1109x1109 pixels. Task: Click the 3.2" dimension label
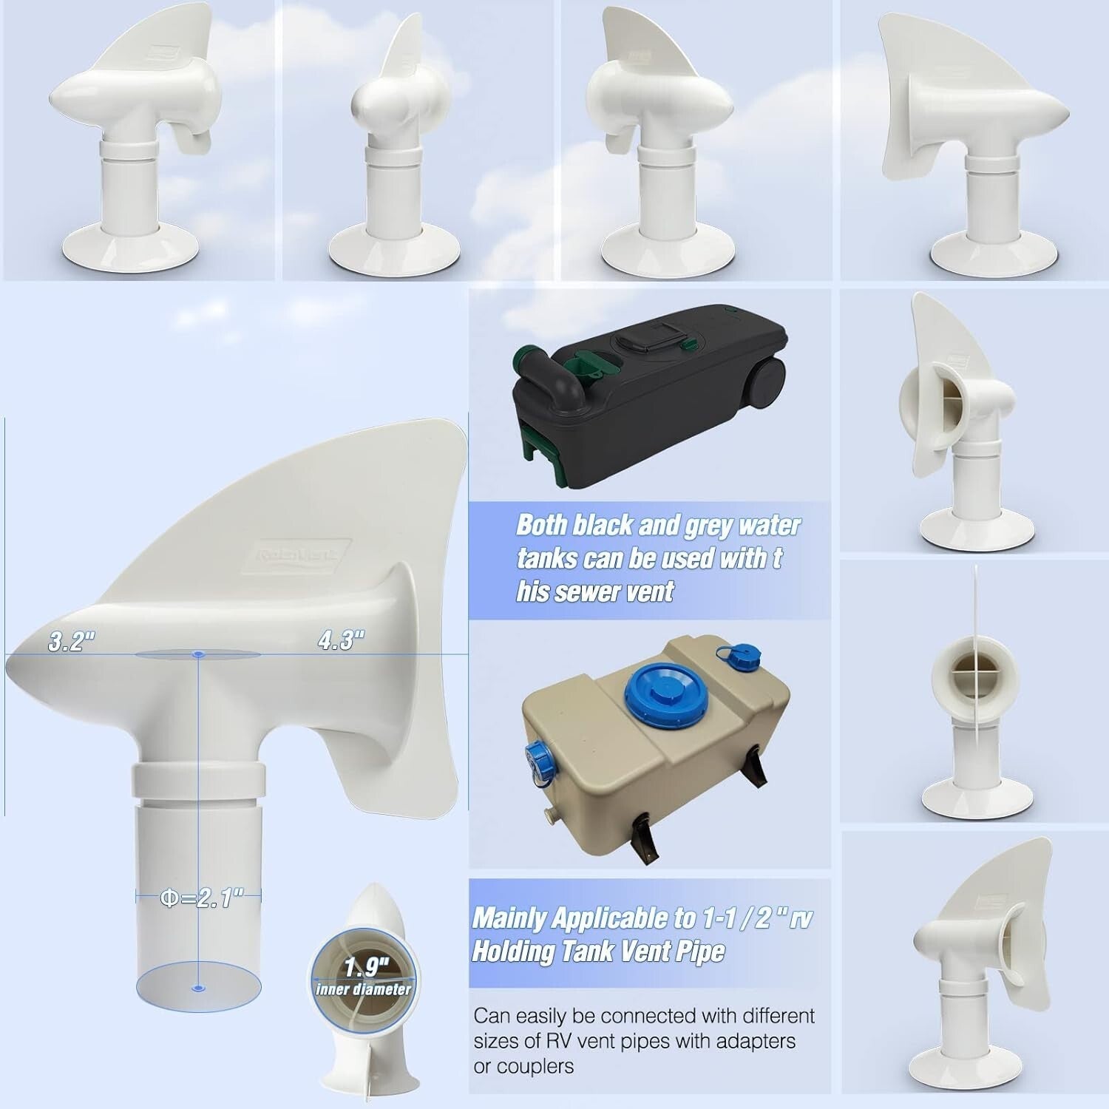[x=72, y=642]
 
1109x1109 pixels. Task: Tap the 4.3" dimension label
[x=341, y=640]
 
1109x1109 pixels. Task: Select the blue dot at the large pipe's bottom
[x=197, y=987]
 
